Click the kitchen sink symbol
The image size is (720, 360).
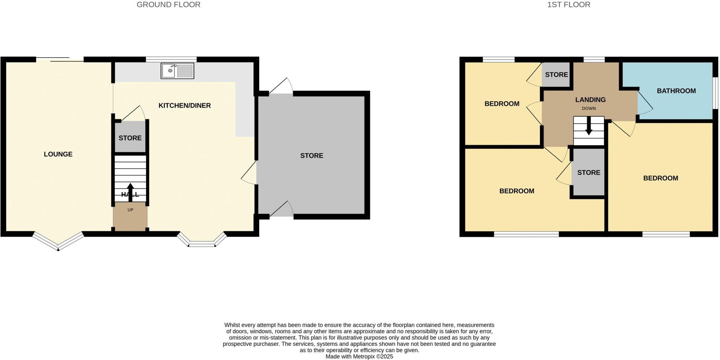click(178, 71)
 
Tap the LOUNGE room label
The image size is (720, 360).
click(58, 154)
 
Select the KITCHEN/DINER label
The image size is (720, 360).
click(185, 105)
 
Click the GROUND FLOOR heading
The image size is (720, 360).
click(168, 5)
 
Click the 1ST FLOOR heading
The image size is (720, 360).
click(568, 5)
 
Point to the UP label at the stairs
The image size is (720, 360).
click(130, 210)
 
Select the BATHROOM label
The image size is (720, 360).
click(676, 91)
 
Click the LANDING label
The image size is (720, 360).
click(590, 100)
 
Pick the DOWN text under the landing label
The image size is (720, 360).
click(589, 108)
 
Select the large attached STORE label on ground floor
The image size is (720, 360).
click(311, 155)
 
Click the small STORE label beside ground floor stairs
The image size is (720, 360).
click(130, 138)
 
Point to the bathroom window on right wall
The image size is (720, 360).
click(715, 93)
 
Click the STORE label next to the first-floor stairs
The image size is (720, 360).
click(589, 172)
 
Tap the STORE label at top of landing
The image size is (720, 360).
click(556, 75)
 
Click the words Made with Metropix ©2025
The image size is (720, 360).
click(359, 356)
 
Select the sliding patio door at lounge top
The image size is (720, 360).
click(60, 59)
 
